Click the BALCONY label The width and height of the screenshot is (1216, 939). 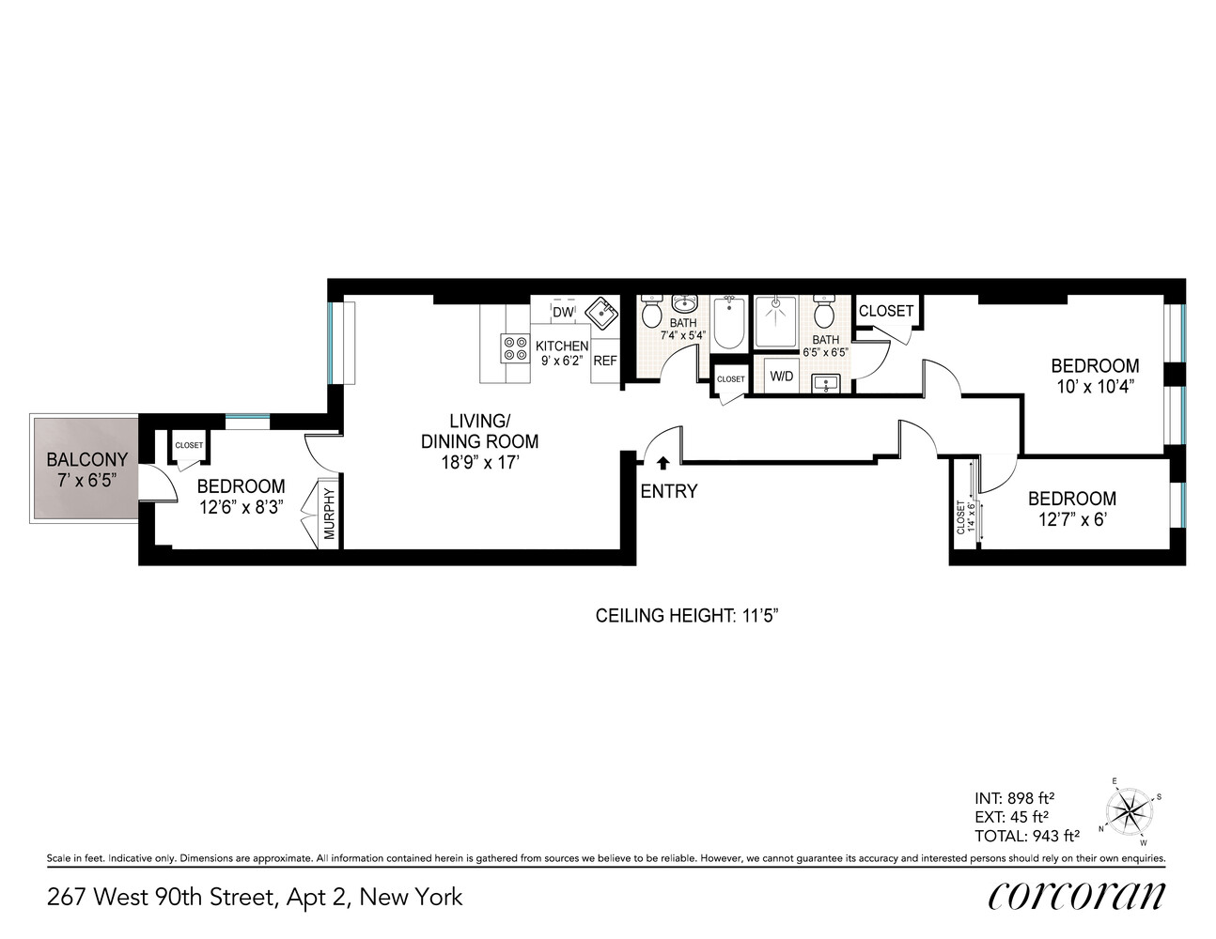(86, 459)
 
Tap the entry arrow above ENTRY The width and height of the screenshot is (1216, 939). (663, 463)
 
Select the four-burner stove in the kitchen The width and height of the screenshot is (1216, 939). (515, 348)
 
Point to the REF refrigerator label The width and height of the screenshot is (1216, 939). (605, 361)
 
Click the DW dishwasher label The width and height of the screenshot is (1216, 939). (562, 312)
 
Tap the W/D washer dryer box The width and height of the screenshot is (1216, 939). (782, 377)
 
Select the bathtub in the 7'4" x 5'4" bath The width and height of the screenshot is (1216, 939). (729, 321)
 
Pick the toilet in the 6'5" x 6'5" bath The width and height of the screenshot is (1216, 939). (824, 312)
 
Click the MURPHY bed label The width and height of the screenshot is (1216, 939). (330, 514)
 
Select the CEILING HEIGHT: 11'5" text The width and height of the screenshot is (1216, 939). (687, 616)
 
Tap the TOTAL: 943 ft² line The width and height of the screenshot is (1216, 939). (1026, 836)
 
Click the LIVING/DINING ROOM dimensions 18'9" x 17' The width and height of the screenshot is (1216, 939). (479, 462)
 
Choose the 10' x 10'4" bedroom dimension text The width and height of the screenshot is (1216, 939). (1095, 386)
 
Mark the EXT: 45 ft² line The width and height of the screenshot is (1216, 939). (1011, 817)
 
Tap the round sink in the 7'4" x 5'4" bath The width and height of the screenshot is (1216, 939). (683, 303)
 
